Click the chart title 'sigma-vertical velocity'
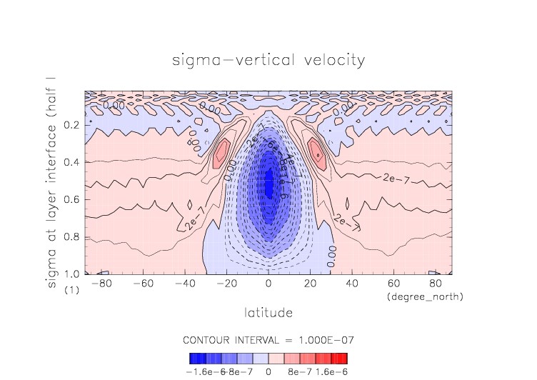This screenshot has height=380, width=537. click(268, 59)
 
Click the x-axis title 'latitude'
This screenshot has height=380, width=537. click(268, 313)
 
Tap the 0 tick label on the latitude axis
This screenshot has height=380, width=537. click(268, 284)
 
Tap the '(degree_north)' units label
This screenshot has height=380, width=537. click(425, 296)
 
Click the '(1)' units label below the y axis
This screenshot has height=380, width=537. click(71, 291)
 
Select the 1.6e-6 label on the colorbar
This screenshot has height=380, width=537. click(331, 371)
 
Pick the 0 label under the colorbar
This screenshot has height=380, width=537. click(268, 371)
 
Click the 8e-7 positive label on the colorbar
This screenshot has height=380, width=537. click(296, 371)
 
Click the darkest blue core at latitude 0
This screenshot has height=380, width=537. click(268, 182)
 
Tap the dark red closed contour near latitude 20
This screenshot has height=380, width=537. click(315, 152)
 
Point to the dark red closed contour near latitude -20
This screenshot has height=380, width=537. click(222, 152)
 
